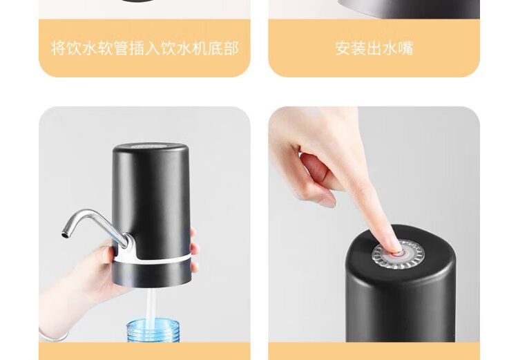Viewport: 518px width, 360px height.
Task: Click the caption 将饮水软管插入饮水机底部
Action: pyautogui.click(x=145, y=48)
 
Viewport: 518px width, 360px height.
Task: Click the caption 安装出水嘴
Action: pyautogui.click(x=374, y=48)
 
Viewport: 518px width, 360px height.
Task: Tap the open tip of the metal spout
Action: pyautogui.click(x=65, y=235)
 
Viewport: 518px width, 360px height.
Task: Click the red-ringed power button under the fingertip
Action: pyautogui.click(x=399, y=254)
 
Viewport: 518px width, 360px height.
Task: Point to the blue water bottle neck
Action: pyautogui.click(x=153, y=330)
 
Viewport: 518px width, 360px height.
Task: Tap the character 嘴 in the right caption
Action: pyautogui.click(x=406, y=48)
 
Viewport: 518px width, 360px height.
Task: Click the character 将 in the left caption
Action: pyautogui.click(x=58, y=48)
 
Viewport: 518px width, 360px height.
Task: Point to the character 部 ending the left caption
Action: pyautogui.click(x=231, y=48)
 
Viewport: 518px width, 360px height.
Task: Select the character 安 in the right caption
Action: pyautogui.click(x=343, y=48)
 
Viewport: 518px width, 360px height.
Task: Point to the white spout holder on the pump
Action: pyautogui.click(x=130, y=247)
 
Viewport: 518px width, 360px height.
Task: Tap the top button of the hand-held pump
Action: pyautogui.click(x=151, y=146)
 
